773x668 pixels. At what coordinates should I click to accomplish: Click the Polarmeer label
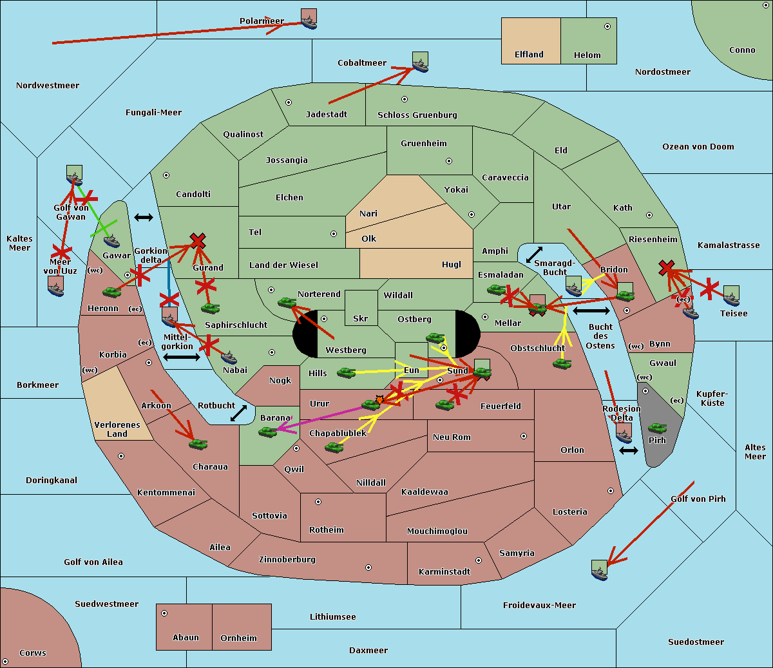tap(262, 21)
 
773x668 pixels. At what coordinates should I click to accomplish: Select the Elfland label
tap(529, 55)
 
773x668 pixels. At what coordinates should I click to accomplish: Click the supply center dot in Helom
tap(607, 26)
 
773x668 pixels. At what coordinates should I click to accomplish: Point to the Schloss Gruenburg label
tap(417, 115)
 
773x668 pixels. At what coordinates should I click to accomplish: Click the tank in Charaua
tap(198, 444)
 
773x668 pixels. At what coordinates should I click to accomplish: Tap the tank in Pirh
tap(657, 428)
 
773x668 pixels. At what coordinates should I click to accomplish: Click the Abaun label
tap(186, 637)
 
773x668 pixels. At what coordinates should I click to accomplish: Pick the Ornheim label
tap(238, 638)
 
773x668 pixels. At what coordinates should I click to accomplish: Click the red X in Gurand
tap(198, 240)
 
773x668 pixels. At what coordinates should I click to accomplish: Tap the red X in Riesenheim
tap(667, 268)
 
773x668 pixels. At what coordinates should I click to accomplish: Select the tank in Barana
tap(268, 433)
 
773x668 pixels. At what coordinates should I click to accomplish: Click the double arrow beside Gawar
tap(144, 217)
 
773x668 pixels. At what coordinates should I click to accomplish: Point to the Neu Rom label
tap(452, 437)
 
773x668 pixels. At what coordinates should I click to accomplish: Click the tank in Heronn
tap(112, 292)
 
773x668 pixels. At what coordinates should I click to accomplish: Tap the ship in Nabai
tap(229, 358)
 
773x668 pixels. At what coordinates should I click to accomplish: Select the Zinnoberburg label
tap(287, 559)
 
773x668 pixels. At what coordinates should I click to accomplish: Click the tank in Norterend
tap(287, 303)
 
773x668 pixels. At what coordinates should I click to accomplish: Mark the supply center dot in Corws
tap(5, 662)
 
